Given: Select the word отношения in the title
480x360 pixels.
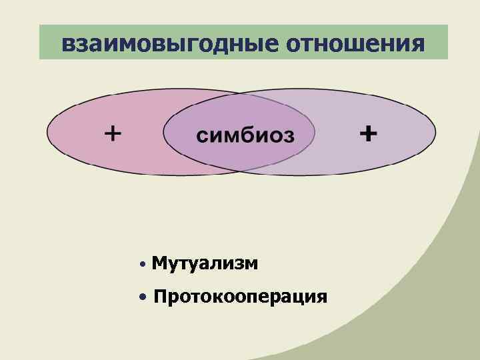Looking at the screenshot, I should tap(355, 43).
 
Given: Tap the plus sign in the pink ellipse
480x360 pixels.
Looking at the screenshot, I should tap(113, 134).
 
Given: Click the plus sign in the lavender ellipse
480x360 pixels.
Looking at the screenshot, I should tap(367, 134).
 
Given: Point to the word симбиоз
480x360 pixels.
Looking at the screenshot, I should tap(245, 135).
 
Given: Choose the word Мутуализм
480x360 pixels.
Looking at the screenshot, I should tap(205, 263).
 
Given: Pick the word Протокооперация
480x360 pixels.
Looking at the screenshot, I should tap(240, 296).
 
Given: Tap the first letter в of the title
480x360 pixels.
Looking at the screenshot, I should tap(67, 44).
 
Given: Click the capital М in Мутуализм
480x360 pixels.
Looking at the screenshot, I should tap(159, 263).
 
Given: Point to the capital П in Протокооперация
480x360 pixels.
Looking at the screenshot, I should tap(161, 296).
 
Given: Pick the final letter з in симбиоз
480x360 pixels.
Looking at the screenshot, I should tap(287, 136).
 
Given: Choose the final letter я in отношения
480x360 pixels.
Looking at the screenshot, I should tap(417, 44).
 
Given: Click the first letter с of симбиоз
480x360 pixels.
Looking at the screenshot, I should tap(201, 136).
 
